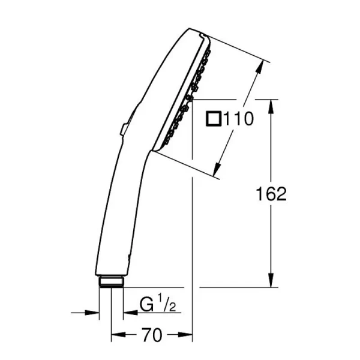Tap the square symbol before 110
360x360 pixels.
(x=213, y=119)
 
